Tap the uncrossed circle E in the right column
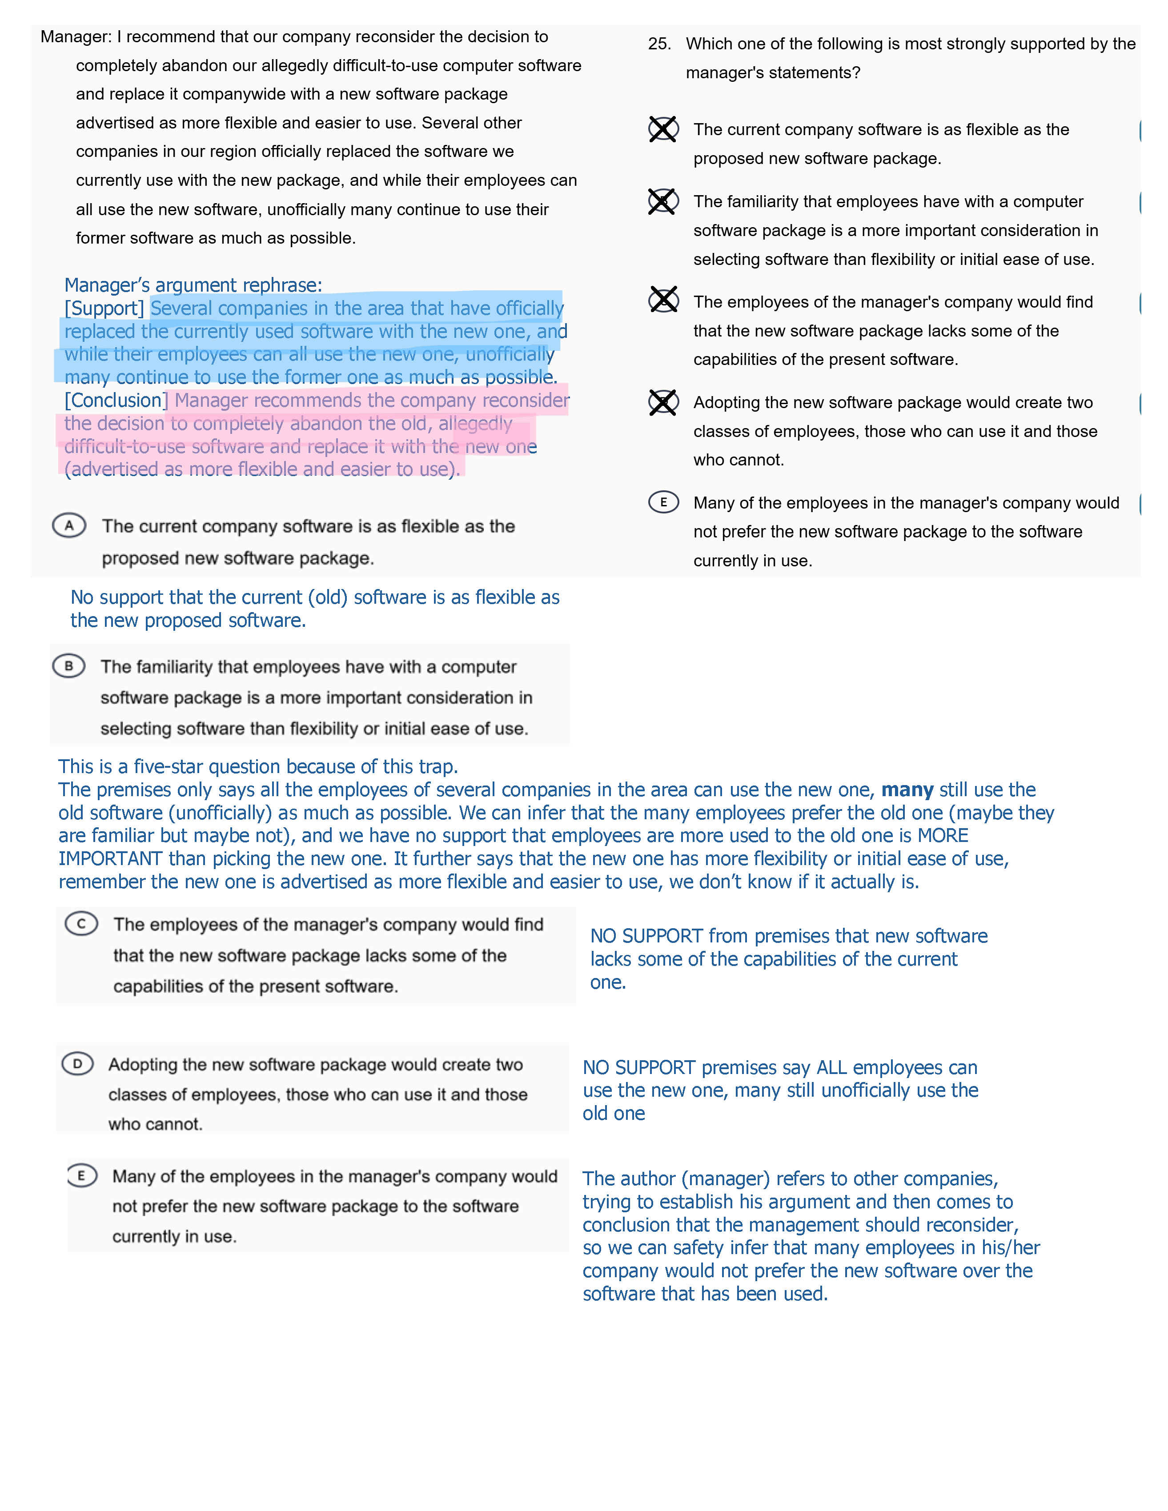[x=663, y=502]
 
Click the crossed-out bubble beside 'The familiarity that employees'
[x=663, y=201]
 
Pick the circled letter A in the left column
[x=69, y=526]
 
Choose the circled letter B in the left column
[x=68, y=666]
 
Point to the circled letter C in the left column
[x=82, y=924]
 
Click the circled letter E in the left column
[x=82, y=1175]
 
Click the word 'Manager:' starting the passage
[x=76, y=36]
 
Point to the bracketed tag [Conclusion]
[x=116, y=401]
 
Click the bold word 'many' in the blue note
[x=907, y=790]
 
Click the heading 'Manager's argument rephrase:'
[x=193, y=285]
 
